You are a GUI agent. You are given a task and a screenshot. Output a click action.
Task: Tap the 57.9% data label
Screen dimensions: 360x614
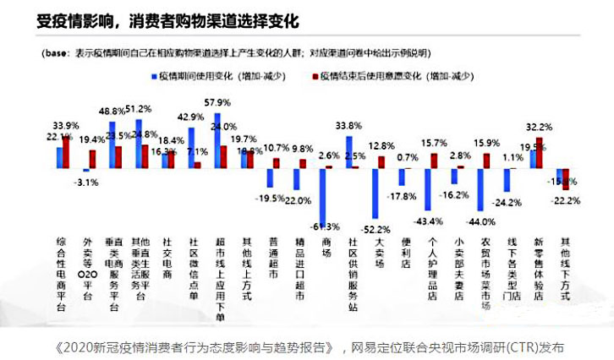tap(229, 103)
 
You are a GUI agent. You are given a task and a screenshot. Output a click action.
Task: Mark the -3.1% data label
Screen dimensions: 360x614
tap(87, 182)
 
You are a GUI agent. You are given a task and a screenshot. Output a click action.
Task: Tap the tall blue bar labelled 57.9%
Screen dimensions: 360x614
tap(218, 140)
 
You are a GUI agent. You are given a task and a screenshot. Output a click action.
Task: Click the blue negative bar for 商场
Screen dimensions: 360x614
tap(323, 194)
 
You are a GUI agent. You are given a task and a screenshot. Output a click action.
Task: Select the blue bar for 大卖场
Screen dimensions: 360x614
tap(373, 194)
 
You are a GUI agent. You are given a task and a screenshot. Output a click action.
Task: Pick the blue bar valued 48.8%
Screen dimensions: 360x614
tap(112, 145)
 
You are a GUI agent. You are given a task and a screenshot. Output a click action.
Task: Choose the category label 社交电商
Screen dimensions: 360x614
tap(167, 253)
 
